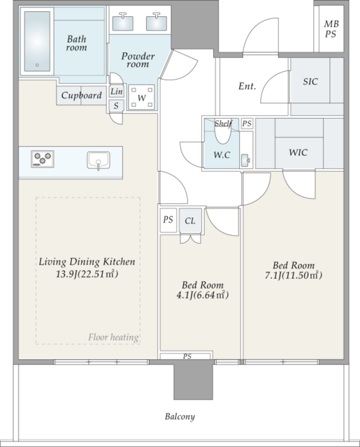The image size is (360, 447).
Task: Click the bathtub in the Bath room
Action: click(37, 42)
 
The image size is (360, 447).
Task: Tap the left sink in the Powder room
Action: click(122, 23)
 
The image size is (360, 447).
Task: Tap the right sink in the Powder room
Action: click(157, 23)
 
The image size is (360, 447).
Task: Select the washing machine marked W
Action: click(142, 97)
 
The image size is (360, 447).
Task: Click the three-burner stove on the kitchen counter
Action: click(42, 159)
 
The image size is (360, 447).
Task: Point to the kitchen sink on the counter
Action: click(99, 161)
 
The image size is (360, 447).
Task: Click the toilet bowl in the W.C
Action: click(222, 133)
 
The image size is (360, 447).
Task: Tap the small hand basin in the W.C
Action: click(245, 160)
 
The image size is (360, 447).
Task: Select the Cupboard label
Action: click(81, 95)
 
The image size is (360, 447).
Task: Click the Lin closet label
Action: click(116, 91)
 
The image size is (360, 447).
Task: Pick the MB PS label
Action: click(331, 29)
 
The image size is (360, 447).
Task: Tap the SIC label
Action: click(310, 82)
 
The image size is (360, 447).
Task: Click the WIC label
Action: click(298, 152)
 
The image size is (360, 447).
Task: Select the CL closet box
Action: click(190, 221)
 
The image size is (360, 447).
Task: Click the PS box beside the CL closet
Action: click(168, 220)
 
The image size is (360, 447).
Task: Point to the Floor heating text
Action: click(113, 337)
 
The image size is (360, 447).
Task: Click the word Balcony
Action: click(180, 416)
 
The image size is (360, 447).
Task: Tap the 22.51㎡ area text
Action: click(98, 274)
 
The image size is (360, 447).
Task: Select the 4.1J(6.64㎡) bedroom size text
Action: click(203, 295)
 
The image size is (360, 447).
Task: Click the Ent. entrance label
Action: click(247, 86)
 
